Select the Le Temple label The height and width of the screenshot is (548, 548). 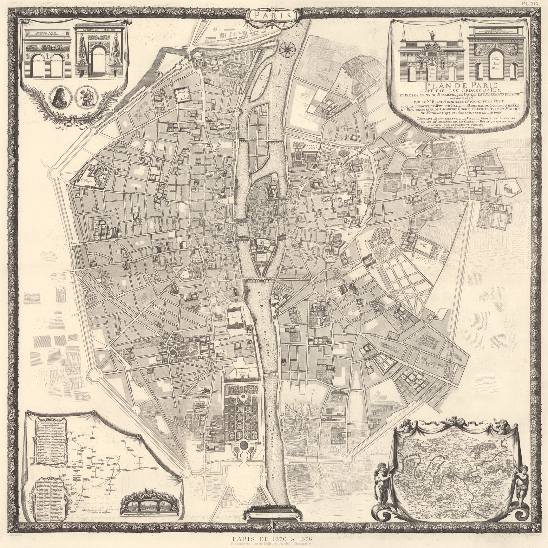point(85,181)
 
